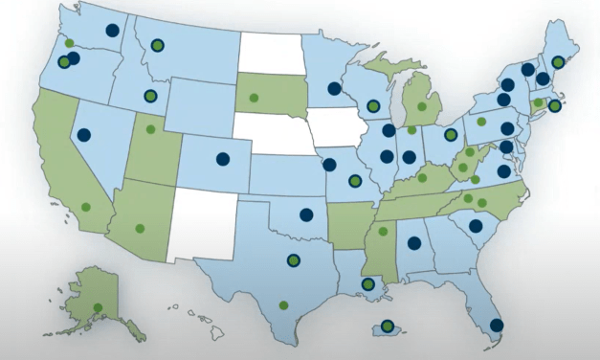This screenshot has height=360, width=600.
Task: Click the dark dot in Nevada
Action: click(84, 135)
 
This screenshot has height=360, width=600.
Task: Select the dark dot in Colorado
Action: click(223, 159)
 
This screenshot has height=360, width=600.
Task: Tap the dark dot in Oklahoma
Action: click(306, 215)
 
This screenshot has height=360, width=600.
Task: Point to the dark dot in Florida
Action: click(496, 325)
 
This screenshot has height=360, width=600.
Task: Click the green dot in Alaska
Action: click(98, 307)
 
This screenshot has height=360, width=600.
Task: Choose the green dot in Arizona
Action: click(141, 228)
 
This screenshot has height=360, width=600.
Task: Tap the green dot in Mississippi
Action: click(383, 231)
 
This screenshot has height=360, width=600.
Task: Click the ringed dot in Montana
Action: click(156, 44)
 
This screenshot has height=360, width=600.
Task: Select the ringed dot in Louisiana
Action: click(368, 283)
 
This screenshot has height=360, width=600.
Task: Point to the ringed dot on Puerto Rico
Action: click(387, 326)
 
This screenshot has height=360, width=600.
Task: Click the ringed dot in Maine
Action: click(558, 61)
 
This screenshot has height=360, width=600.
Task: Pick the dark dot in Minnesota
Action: click(334, 88)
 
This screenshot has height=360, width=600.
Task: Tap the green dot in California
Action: click(85, 207)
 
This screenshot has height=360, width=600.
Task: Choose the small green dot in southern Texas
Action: click(283, 304)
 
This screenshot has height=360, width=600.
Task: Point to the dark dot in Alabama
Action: click(414, 242)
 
